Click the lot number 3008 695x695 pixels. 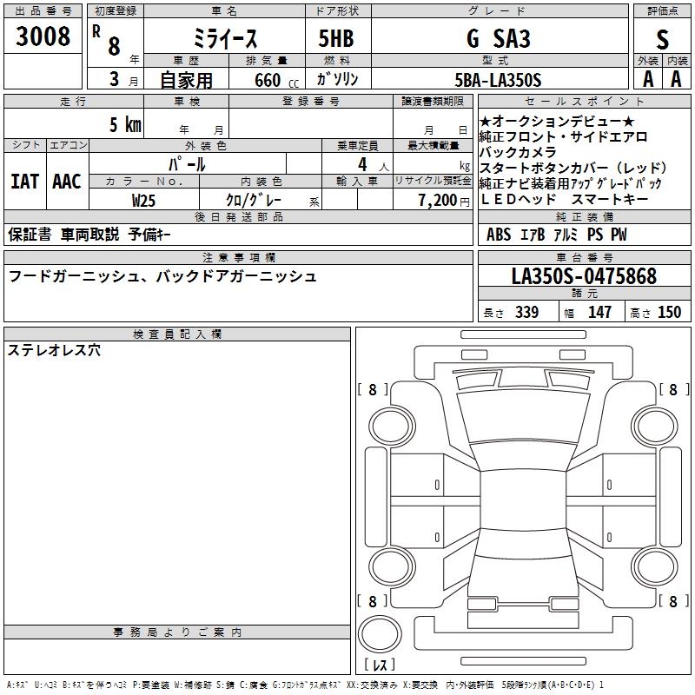pyautogui.click(x=43, y=36)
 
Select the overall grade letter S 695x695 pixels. pyautogui.click(x=662, y=39)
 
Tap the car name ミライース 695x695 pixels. pyautogui.click(x=225, y=39)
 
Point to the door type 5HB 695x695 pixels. pyautogui.click(x=336, y=38)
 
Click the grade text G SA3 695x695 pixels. pyautogui.click(x=499, y=38)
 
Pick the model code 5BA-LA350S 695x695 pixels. pyautogui.click(x=498, y=80)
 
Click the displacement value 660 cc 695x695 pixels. pyautogui.click(x=276, y=81)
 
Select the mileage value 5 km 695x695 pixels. pyautogui.click(x=125, y=124)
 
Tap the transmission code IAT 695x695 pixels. pyautogui.click(x=25, y=182)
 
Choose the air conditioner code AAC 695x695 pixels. pyautogui.click(x=67, y=182)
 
